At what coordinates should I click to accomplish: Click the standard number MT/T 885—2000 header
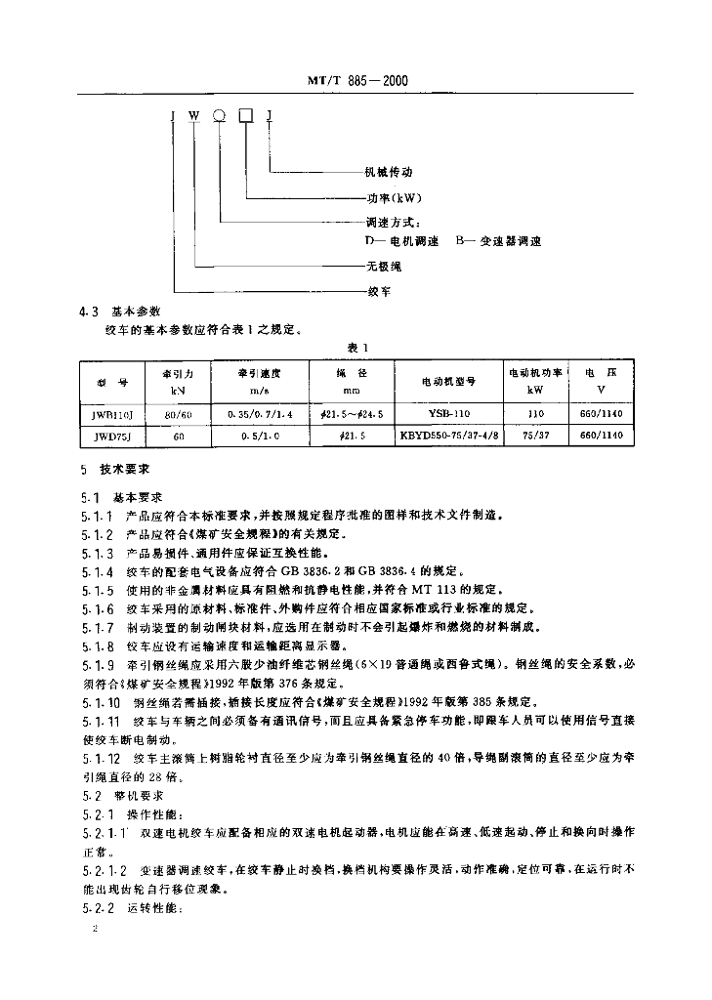[355, 83]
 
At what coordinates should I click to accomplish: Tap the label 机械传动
[389, 172]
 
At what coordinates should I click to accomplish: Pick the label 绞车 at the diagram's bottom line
[380, 291]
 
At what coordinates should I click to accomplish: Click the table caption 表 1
[355, 347]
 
